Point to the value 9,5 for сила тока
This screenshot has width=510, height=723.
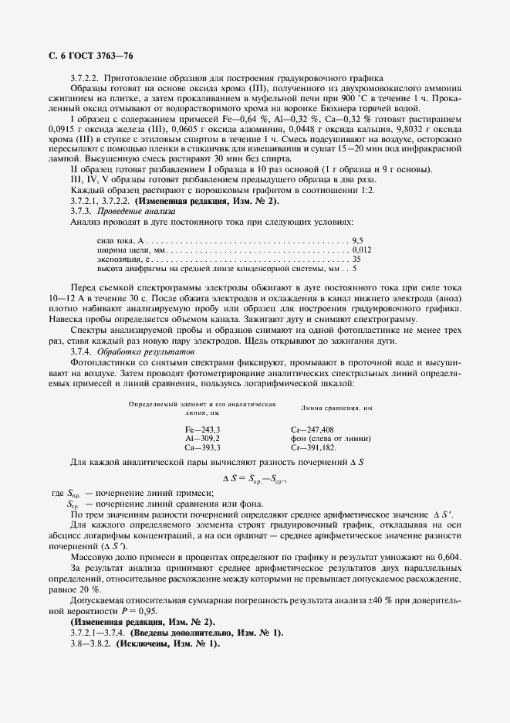click(x=357, y=242)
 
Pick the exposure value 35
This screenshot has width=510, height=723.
click(x=356, y=260)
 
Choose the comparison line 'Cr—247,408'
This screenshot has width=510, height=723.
click(x=312, y=429)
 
